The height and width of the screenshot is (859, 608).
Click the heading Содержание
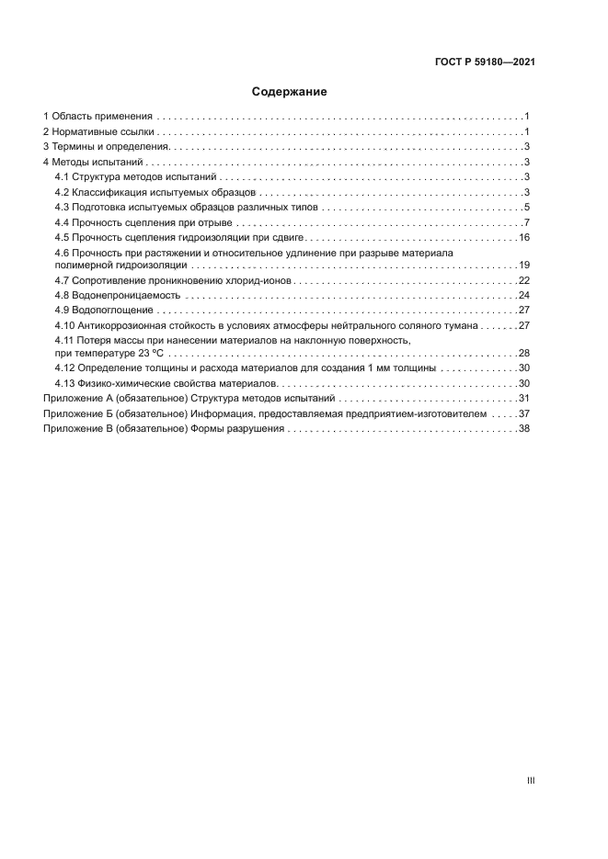pyautogui.click(x=290, y=92)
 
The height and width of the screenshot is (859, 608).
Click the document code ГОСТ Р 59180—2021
pyautogui.click(x=485, y=62)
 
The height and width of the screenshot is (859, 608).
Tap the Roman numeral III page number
pyautogui.click(x=531, y=781)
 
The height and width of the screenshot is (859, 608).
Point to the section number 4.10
pyautogui.click(x=64, y=325)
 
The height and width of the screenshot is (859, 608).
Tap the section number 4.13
pyautogui.click(x=64, y=383)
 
